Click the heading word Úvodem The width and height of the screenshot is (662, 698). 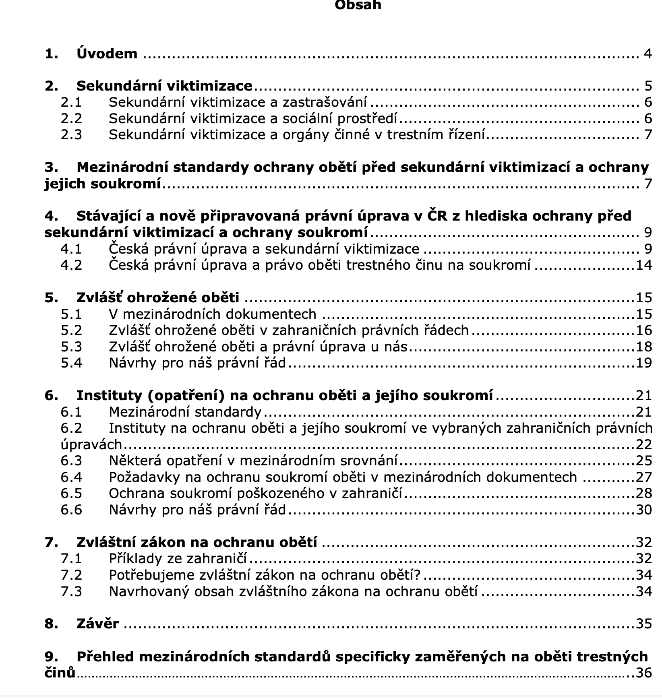(107, 54)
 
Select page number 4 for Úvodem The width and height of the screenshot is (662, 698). (648, 54)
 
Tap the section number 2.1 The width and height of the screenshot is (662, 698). (71, 102)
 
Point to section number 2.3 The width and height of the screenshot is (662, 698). (71, 135)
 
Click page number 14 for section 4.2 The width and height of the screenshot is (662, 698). (643, 265)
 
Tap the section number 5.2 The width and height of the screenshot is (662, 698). (71, 330)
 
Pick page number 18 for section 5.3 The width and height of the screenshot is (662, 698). (643, 347)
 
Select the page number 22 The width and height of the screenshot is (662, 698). (643, 444)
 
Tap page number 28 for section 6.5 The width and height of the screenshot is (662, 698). (643, 494)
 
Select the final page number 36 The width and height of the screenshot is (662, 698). (643, 673)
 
